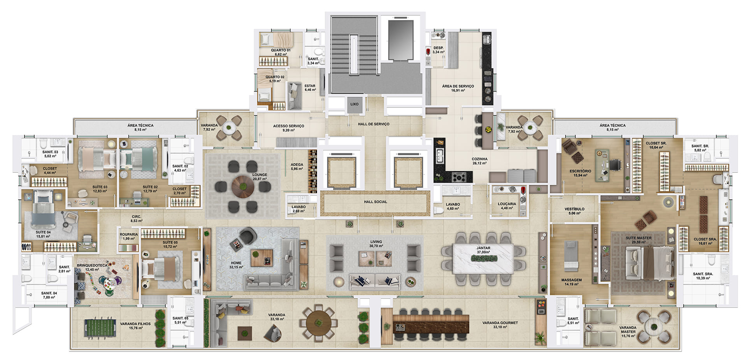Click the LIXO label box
[354, 104]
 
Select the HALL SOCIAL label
[375, 202]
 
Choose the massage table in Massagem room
[571, 256]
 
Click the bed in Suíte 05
[160, 268]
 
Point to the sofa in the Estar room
[295, 96]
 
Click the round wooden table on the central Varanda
[319, 323]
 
